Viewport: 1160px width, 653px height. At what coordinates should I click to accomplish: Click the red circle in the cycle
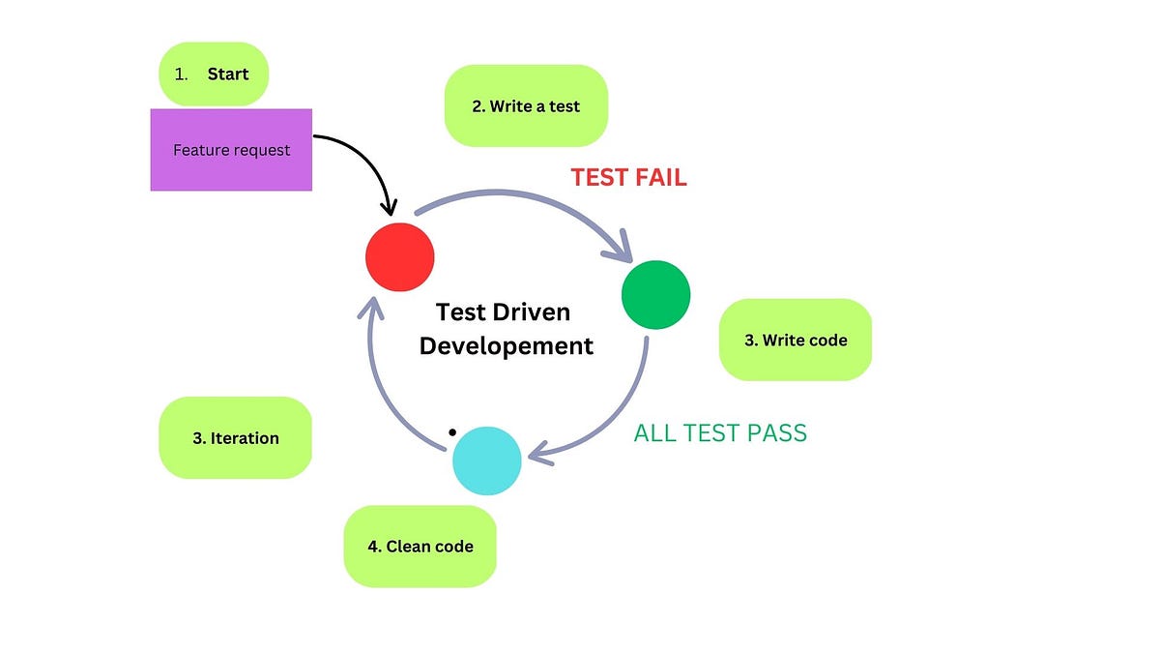click(x=400, y=257)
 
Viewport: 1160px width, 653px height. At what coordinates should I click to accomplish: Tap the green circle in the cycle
click(x=655, y=295)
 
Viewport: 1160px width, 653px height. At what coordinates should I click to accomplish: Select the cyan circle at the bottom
click(x=487, y=460)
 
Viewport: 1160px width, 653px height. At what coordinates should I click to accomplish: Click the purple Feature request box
click(x=231, y=150)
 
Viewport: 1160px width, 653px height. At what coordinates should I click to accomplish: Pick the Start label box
click(x=213, y=74)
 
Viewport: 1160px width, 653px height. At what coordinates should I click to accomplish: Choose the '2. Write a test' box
click(x=526, y=106)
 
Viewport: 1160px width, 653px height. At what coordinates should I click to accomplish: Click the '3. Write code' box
click(x=795, y=340)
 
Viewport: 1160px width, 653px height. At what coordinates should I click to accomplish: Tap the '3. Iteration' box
click(x=235, y=437)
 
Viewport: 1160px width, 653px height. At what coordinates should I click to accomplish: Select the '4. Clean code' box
click(x=420, y=546)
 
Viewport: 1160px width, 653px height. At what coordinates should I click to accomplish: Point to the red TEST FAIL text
click(x=628, y=177)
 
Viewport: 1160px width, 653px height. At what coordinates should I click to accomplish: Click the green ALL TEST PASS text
click(x=720, y=432)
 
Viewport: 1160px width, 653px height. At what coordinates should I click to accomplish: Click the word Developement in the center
click(x=506, y=344)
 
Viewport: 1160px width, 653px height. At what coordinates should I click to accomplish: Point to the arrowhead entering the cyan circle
click(x=537, y=453)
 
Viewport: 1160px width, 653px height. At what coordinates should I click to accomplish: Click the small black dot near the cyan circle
click(x=450, y=430)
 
